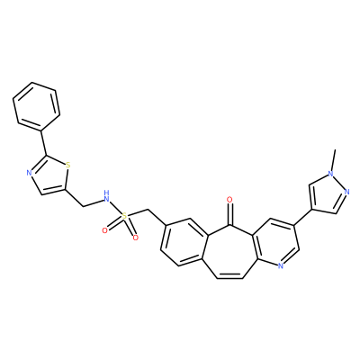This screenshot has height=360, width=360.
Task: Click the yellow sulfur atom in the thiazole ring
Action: tap(67, 165)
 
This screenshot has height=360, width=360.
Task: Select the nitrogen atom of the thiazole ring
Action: tap(29, 173)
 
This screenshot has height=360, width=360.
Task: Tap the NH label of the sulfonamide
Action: tap(105, 195)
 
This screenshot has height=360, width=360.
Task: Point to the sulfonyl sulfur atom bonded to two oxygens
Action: tap(125, 215)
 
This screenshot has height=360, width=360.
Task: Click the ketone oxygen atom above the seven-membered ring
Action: tap(229, 199)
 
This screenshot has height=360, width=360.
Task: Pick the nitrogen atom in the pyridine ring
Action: tap(281, 265)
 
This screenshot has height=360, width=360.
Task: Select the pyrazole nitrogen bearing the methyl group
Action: tap(330, 174)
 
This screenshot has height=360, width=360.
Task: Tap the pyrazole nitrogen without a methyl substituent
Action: tap(347, 192)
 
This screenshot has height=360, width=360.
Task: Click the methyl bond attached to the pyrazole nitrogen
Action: tap(333, 160)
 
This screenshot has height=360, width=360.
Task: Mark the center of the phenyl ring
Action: tap(36, 106)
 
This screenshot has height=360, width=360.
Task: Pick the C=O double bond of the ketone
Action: tap(229, 214)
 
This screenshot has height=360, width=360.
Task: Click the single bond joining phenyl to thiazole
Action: tap(43, 143)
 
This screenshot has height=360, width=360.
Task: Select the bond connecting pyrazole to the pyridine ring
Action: tap(303, 216)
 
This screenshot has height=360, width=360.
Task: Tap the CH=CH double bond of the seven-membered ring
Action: tap(229, 277)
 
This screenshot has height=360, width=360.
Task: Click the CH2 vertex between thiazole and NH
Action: tap(82, 206)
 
